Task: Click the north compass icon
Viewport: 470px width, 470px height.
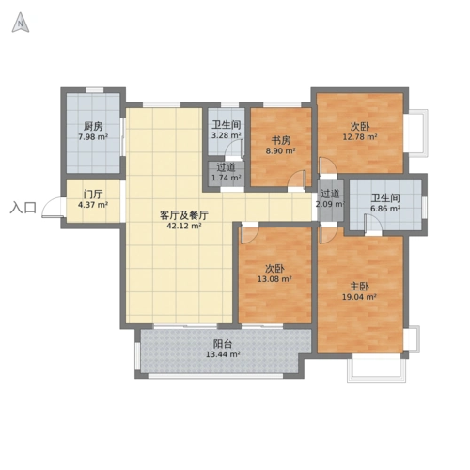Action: tap(19, 24)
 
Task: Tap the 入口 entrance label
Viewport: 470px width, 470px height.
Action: tap(23, 208)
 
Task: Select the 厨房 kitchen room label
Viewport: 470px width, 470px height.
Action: tap(92, 126)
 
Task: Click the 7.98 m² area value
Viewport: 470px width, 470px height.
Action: tap(92, 137)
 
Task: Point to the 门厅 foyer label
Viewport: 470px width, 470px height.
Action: tap(92, 194)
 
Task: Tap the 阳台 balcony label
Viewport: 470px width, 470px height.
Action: tap(223, 344)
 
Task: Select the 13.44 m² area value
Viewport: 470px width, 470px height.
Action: tap(223, 355)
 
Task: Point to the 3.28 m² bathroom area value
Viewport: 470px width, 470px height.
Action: tap(226, 135)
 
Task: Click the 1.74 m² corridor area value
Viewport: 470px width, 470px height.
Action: tap(226, 177)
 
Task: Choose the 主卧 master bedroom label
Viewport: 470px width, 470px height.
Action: tap(358, 285)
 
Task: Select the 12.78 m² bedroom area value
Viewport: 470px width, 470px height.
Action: tap(359, 136)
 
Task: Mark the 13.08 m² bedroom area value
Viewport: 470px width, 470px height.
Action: tap(274, 278)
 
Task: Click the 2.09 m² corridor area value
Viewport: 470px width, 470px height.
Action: tap(329, 204)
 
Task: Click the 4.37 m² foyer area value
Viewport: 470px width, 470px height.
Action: tap(92, 205)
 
